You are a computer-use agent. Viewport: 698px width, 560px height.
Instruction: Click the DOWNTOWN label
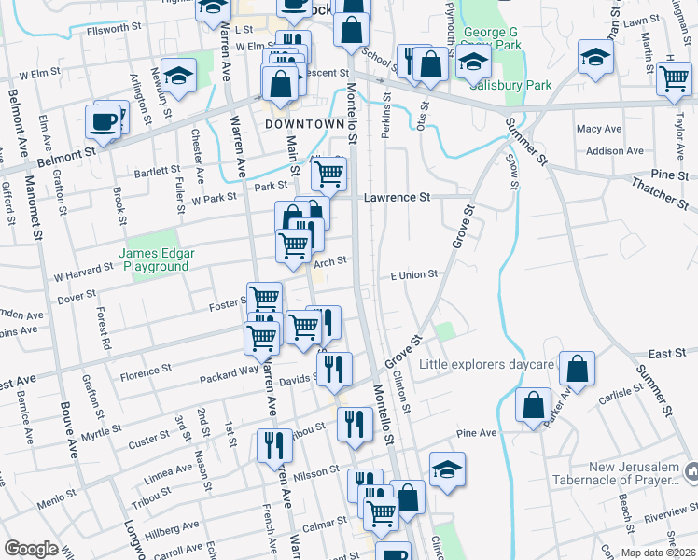(x=304, y=124)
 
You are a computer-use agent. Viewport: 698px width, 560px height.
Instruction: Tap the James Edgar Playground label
(x=154, y=259)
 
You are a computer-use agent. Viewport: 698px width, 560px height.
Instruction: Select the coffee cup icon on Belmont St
(x=103, y=120)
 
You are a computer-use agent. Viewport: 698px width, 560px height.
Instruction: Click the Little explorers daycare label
(x=487, y=363)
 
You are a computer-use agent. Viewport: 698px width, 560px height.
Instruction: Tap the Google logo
(x=31, y=549)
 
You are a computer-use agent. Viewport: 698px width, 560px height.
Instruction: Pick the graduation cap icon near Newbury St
(x=177, y=74)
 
